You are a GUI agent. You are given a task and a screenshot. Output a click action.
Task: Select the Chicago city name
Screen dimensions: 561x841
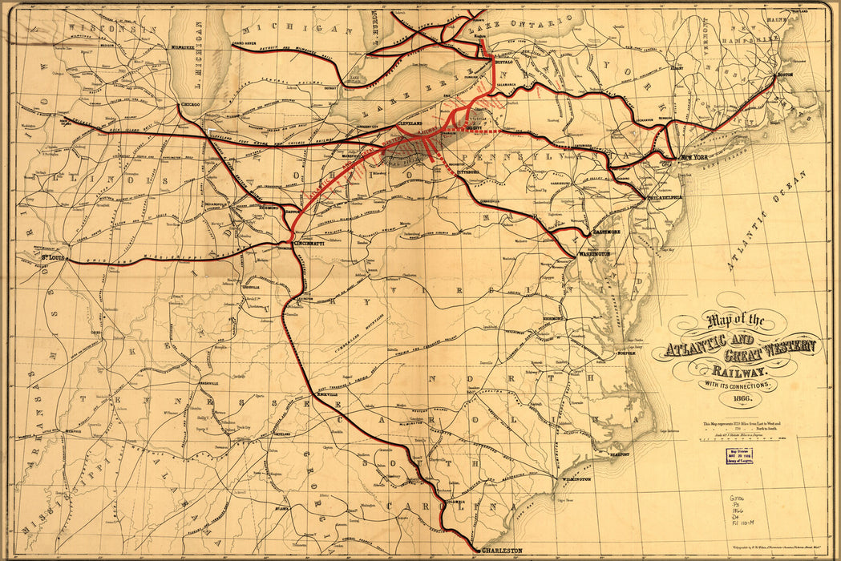191,105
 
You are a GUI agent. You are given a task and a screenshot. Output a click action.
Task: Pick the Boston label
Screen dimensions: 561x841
785,75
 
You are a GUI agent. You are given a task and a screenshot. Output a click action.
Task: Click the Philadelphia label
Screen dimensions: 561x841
665,197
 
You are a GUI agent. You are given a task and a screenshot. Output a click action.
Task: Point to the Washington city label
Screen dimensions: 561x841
593,253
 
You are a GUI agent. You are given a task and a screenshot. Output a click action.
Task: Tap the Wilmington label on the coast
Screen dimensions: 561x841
576,479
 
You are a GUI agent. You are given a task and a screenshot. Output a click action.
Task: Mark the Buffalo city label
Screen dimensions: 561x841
503,62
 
